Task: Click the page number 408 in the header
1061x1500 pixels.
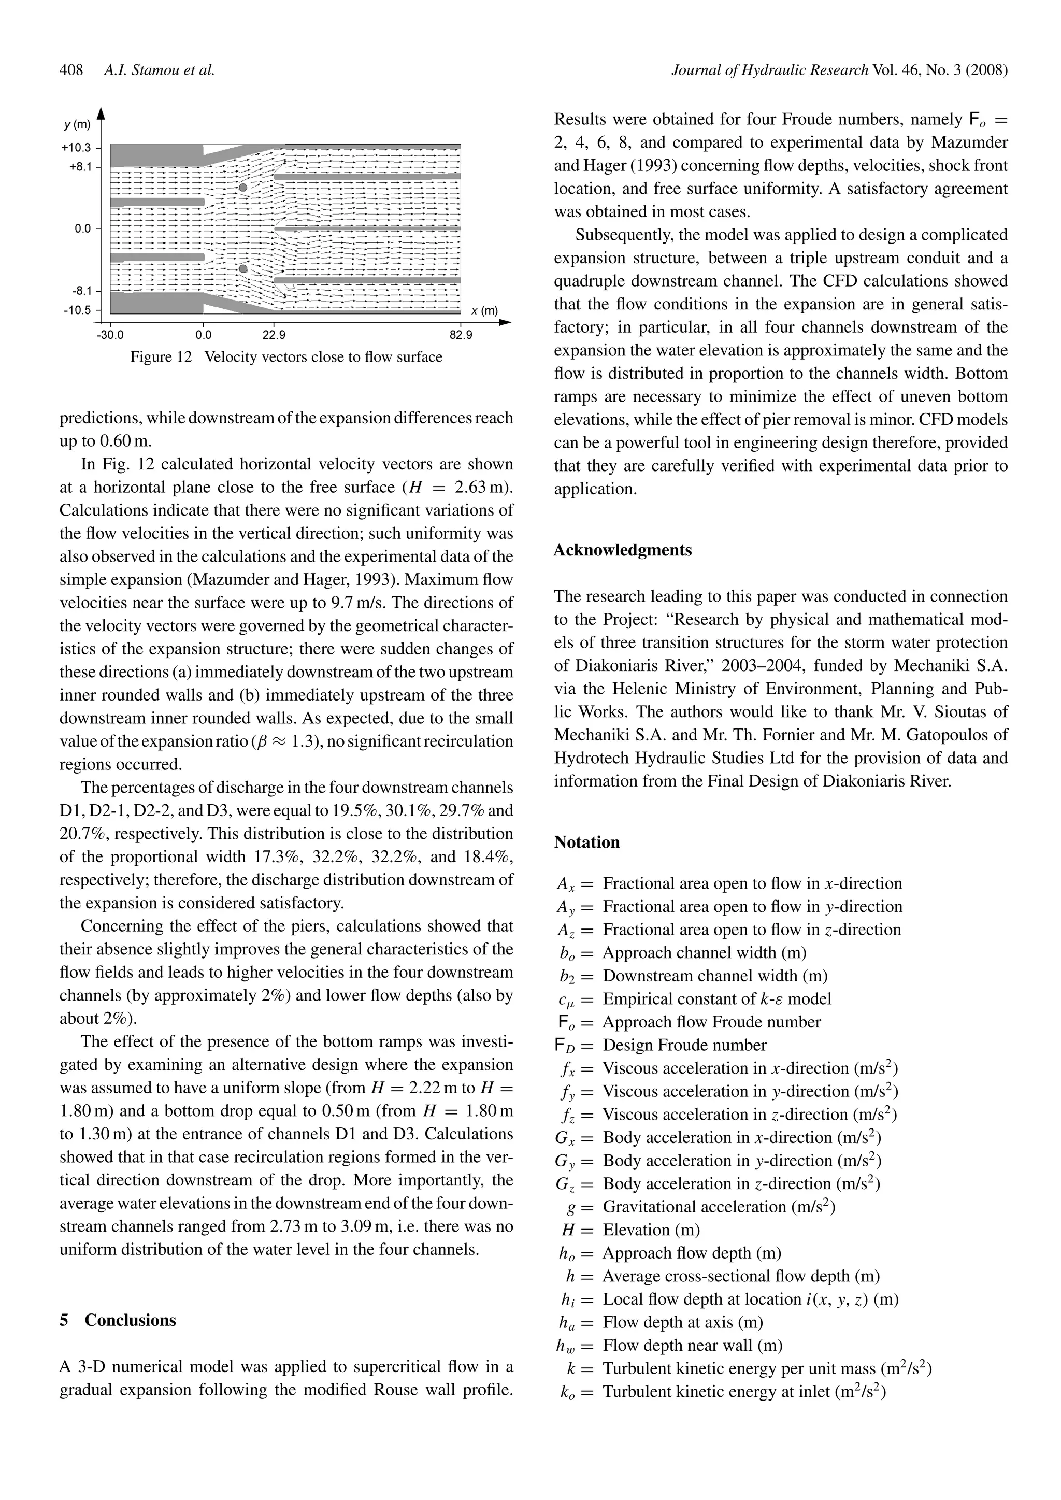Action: tap(71, 70)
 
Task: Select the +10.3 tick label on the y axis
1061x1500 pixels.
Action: tap(77, 148)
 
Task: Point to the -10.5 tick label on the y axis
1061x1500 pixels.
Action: tap(77, 310)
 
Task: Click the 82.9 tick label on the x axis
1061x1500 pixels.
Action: tap(460, 336)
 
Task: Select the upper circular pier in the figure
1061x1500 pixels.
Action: tap(243, 188)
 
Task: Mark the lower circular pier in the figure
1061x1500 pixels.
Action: tap(243, 268)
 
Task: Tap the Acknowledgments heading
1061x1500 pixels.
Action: tap(622, 550)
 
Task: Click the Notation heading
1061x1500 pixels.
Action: tap(586, 842)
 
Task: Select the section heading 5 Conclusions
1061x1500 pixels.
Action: tap(118, 1320)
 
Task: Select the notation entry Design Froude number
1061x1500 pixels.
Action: tap(684, 1045)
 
